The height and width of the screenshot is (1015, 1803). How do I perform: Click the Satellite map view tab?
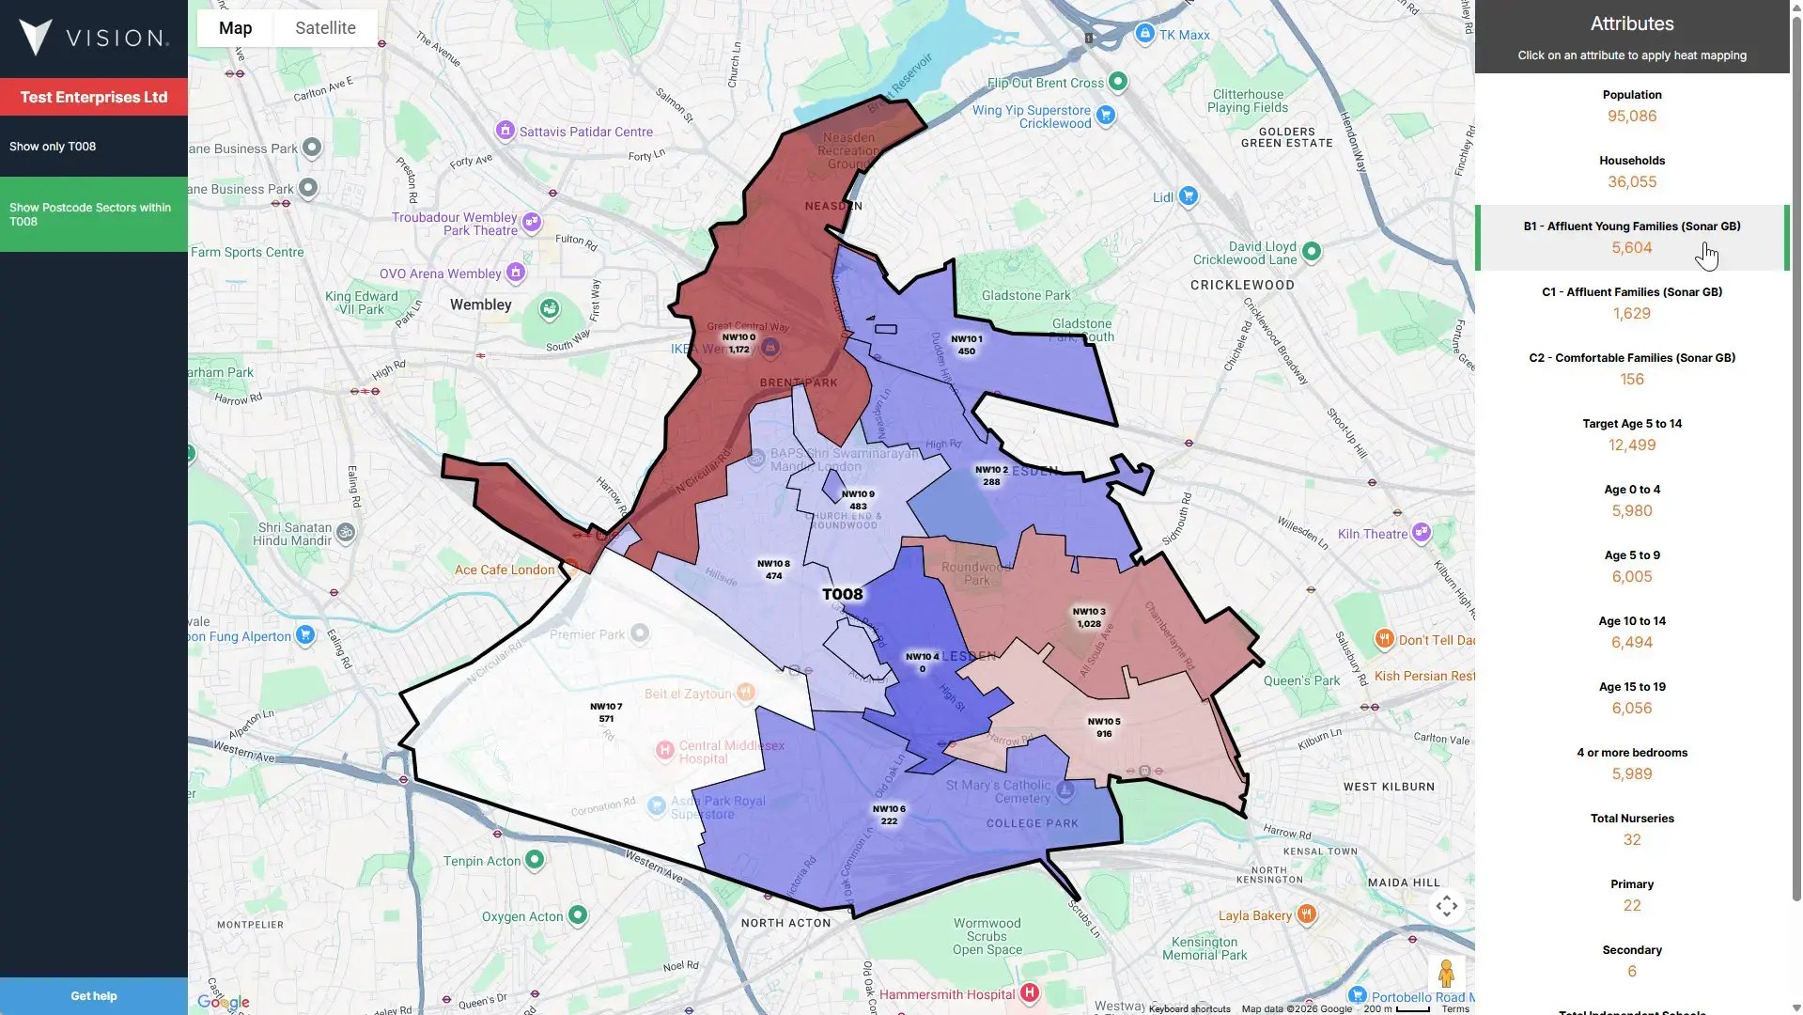point(325,28)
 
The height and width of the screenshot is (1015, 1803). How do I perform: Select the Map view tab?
point(235,28)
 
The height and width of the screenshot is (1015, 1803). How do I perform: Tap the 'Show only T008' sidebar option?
point(53,147)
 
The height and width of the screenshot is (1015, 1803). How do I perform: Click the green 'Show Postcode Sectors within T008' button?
point(93,214)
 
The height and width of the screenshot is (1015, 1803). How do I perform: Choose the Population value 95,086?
point(1631,117)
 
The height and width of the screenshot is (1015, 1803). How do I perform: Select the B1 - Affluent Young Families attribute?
point(1631,226)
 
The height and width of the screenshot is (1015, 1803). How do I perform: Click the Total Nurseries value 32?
point(1631,840)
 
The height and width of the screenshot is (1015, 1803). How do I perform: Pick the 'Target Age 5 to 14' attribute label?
point(1631,424)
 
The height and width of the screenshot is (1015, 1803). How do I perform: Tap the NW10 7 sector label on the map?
point(606,712)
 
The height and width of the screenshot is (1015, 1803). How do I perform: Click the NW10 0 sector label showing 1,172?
point(738,343)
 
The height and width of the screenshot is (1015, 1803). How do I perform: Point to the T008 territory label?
point(842,594)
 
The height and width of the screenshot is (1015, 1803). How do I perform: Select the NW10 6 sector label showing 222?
point(889,815)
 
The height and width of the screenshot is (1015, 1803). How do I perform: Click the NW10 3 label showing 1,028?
point(1089,617)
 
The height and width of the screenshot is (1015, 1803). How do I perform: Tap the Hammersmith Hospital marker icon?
point(1030,992)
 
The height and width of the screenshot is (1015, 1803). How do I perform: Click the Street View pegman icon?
point(1446,974)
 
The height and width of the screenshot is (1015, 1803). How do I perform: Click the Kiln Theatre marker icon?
point(1422,533)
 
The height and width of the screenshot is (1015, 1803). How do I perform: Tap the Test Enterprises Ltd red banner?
point(93,97)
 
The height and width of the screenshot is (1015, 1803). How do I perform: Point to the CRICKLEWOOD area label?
point(1242,285)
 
